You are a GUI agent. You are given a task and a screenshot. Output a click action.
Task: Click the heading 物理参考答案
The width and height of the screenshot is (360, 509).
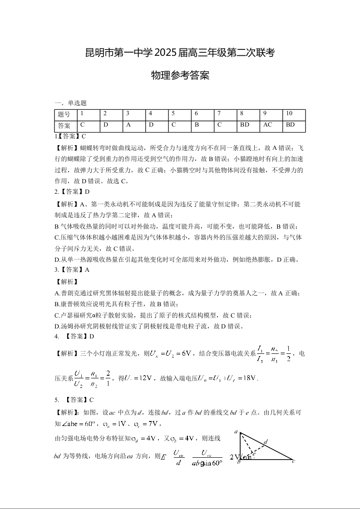pos(180,75)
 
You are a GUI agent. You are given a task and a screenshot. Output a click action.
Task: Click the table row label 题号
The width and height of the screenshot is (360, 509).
pos(64,114)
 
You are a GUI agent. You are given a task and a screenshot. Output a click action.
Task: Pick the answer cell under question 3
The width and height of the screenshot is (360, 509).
pos(128,125)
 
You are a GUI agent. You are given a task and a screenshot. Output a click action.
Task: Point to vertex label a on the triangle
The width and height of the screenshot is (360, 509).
pos(236,432)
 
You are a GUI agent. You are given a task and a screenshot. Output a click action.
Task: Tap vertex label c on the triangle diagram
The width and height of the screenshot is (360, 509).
pos(293,461)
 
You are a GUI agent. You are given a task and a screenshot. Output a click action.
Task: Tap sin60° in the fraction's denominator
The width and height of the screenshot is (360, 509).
pos(212,463)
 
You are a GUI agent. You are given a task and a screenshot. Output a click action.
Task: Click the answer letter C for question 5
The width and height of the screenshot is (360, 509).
pos(91,400)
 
